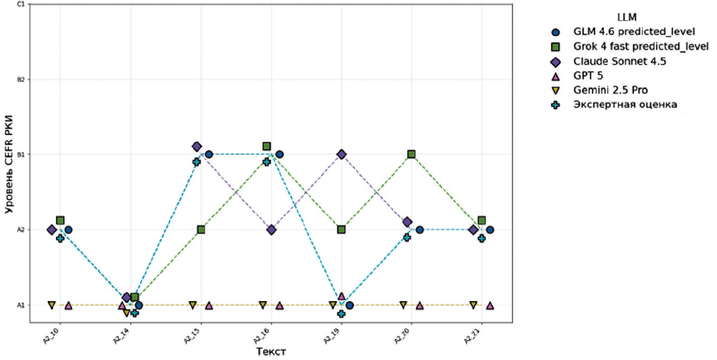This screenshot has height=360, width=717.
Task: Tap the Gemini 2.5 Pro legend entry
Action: (611, 91)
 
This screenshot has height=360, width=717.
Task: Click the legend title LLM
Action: (624, 18)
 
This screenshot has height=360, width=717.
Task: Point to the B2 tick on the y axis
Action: (21, 79)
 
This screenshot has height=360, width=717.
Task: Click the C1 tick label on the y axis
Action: (21, 5)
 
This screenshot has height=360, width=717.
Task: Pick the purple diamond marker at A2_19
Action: (342, 154)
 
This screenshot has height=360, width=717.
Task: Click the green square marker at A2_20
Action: (412, 154)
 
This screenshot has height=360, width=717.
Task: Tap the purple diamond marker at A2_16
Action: (272, 230)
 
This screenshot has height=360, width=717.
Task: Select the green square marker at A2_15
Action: (201, 230)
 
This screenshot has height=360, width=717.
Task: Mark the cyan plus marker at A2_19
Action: (341, 314)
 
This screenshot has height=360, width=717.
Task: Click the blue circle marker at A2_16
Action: (279, 154)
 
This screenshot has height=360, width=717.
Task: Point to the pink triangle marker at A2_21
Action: (490, 306)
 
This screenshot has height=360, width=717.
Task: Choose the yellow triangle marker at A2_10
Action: (51, 305)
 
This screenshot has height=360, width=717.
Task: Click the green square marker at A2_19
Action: (341, 230)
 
